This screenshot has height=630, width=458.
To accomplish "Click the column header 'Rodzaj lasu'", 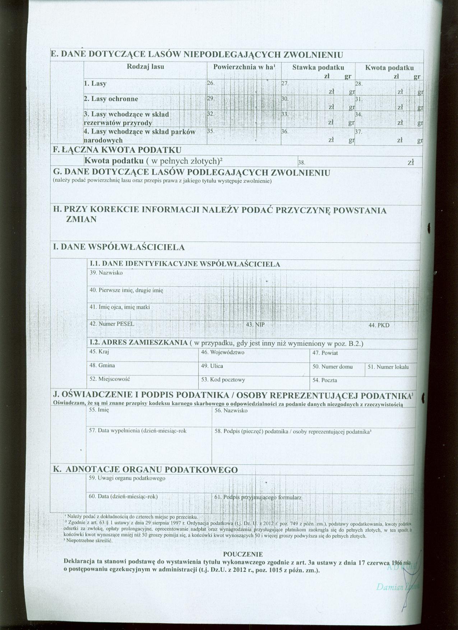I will tap(145, 66).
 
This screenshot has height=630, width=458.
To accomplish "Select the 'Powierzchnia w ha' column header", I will tap(244, 67).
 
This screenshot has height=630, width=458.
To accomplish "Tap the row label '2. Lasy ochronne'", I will tap(111, 99).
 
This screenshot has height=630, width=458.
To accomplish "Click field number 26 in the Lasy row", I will tap(244, 87).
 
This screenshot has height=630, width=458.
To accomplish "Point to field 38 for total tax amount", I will tap(359, 162).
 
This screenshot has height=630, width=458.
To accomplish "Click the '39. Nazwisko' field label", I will tap(106, 273).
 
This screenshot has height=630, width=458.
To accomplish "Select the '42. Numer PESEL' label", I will tap(112, 324).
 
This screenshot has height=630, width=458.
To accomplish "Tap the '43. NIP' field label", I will tap(255, 325).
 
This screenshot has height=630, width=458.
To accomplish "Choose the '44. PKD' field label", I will tap(379, 325).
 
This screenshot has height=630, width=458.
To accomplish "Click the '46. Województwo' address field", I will tap(223, 353).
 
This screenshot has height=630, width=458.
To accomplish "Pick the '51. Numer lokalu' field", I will tap(388, 367).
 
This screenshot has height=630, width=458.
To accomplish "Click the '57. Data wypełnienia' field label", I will tap(138, 430).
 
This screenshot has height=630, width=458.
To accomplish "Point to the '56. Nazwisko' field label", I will tap(231, 410).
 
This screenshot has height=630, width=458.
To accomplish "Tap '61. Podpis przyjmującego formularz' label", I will tap(258, 498).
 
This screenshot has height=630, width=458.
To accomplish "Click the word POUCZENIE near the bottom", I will tap(243, 554).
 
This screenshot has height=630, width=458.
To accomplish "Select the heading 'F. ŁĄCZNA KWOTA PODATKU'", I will tap(117, 150).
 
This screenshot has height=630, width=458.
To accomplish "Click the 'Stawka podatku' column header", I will tap(318, 67).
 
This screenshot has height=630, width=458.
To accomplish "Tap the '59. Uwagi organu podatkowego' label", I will tap(127, 479).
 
